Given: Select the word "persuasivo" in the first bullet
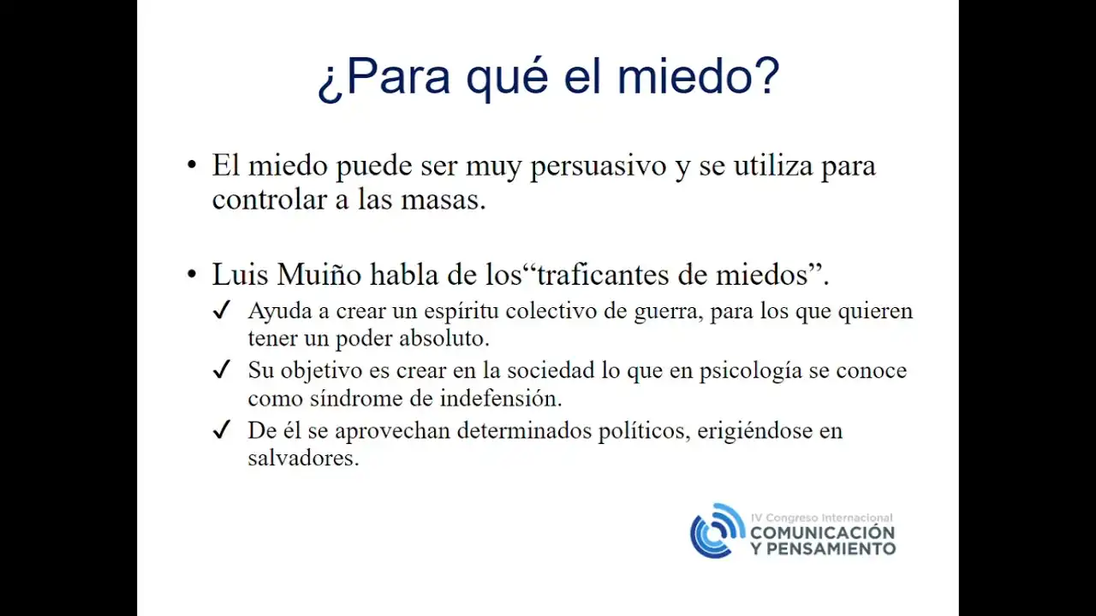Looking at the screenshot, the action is [599, 166].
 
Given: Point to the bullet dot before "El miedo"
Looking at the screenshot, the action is [192, 164].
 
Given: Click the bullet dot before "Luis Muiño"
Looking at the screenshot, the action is [192, 275].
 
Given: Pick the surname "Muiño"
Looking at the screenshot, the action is [319, 275].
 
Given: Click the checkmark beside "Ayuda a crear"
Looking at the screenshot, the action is [222, 310].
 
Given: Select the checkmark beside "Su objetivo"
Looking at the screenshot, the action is [222, 370].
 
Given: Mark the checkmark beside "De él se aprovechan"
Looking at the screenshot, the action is [222, 429].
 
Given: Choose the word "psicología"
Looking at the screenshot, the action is [751, 372].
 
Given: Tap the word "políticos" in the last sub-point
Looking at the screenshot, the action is [642, 432].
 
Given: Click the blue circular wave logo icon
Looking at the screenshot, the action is [718, 531].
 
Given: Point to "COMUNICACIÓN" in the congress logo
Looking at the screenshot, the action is [823, 532].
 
